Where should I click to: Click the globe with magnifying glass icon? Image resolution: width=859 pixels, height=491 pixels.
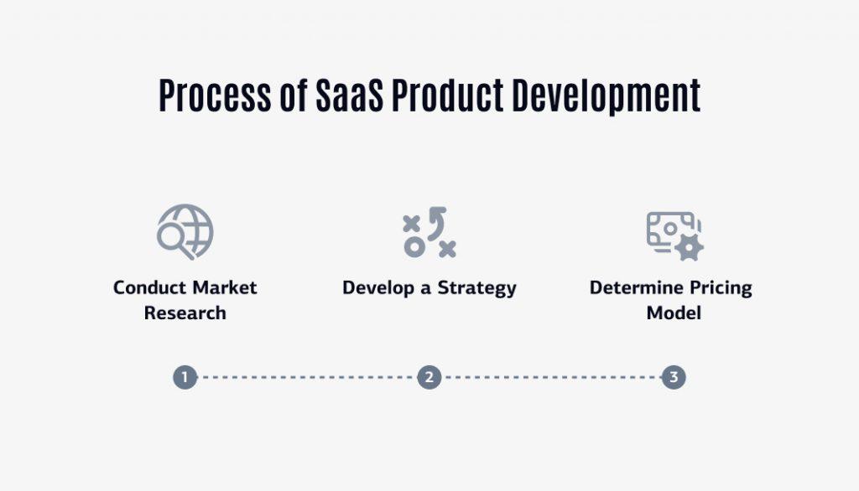(x=185, y=232)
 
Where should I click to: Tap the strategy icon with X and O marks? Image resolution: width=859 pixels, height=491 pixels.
(x=429, y=233)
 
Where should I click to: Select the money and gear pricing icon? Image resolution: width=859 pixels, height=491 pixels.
(x=674, y=235)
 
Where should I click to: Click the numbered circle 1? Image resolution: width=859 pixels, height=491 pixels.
(x=185, y=377)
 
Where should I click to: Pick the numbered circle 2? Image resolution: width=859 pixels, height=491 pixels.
(x=429, y=377)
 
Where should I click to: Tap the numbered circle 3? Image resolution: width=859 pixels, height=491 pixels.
(x=673, y=377)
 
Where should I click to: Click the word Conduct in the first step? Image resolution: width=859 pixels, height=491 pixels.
(x=148, y=288)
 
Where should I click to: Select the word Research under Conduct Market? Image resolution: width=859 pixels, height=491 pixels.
(x=185, y=313)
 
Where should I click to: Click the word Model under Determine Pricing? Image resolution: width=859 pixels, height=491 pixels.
(x=673, y=313)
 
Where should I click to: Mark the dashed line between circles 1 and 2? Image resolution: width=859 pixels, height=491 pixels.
(x=306, y=377)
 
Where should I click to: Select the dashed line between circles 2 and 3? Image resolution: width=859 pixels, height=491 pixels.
(x=551, y=377)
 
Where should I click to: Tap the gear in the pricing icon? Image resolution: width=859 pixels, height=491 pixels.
(x=690, y=247)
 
